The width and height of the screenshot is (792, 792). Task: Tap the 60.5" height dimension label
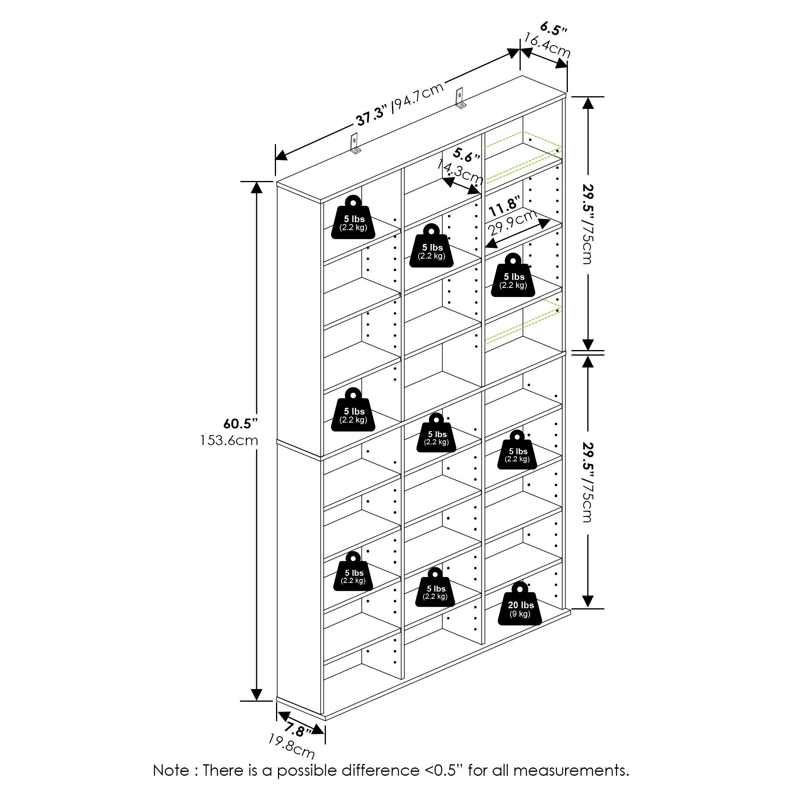[240, 423]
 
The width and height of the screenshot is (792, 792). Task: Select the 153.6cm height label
[229, 441]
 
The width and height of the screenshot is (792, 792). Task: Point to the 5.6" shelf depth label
[466, 155]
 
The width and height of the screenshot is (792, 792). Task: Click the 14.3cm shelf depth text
[459, 171]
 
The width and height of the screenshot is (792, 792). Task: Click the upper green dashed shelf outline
[523, 158]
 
